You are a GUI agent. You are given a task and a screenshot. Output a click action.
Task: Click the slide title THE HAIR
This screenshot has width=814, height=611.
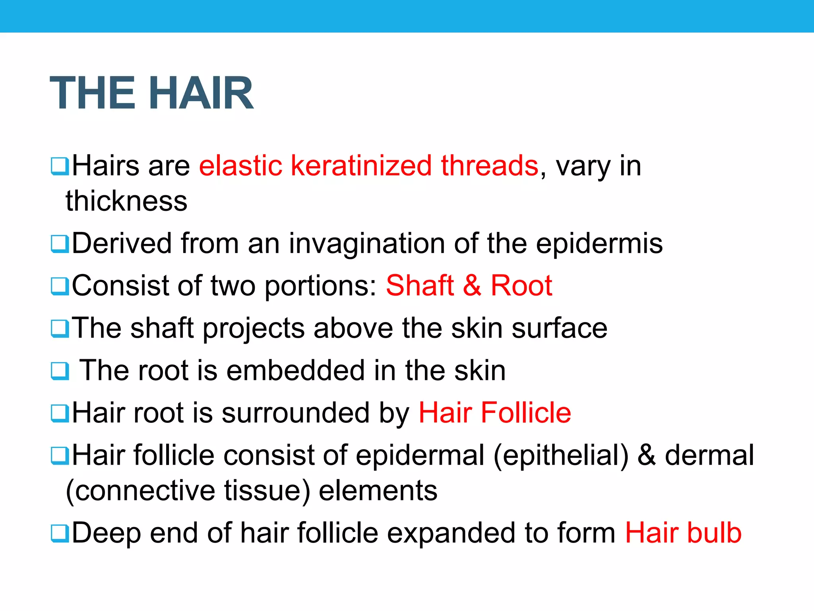click(151, 93)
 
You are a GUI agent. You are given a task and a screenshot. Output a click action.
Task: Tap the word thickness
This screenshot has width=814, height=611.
click(126, 201)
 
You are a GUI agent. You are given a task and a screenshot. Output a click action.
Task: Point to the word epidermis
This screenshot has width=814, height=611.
click(599, 243)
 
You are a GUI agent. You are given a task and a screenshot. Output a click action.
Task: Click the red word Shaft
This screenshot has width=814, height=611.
click(420, 286)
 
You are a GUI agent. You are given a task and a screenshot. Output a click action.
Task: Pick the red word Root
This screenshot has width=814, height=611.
click(521, 286)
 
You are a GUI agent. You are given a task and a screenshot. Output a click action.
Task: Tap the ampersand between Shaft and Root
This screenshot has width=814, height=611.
click(472, 286)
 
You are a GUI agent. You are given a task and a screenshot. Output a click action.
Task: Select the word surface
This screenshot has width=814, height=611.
click(559, 329)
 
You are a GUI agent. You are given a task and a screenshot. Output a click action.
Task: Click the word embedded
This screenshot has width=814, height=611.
click(296, 371)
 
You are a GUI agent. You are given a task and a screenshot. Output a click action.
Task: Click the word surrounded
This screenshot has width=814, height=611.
click(296, 413)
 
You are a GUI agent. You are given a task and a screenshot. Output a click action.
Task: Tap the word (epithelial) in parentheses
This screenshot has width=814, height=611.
click(561, 455)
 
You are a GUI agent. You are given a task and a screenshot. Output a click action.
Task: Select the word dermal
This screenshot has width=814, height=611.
click(709, 455)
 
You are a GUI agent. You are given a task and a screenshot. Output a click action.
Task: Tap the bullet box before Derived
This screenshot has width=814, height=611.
click(60, 244)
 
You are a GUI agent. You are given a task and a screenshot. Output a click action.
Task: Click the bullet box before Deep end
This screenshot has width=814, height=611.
click(60, 533)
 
